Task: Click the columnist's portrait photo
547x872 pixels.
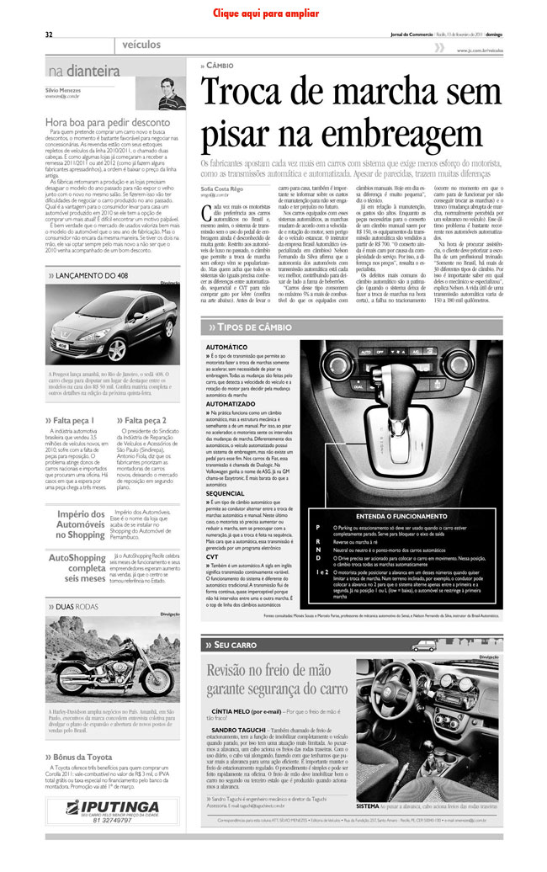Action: tap(167, 93)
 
